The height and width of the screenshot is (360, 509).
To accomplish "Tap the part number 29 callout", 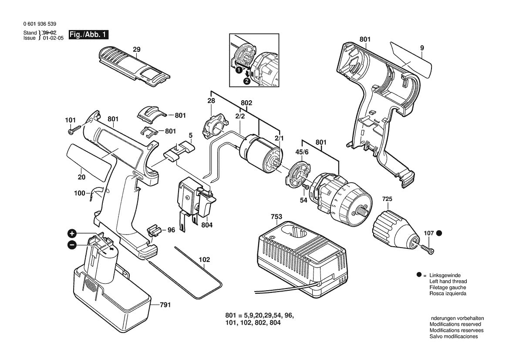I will pyautogui.click(x=136, y=50).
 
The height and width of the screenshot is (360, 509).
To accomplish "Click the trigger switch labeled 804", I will pyautogui.click(x=194, y=200).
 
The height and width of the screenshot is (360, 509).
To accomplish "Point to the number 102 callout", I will pyautogui.click(x=204, y=260).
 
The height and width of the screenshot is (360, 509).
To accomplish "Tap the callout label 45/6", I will pyautogui.click(x=302, y=153).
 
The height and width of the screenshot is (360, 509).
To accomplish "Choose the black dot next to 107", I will pyautogui.click(x=439, y=233).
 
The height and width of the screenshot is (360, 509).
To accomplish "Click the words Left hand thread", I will pyautogui.click(x=448, y=282).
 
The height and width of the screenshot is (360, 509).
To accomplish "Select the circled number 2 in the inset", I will pyautogui.click(x=247, y=80).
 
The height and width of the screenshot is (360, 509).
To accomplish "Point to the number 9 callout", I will pyautogui.click(x=422, y=48).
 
